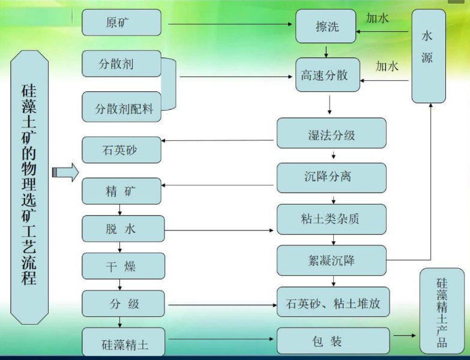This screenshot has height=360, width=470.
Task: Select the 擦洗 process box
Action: [326, 26]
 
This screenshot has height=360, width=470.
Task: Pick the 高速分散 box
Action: [328, 75]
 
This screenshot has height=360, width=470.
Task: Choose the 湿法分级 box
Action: [331, 133]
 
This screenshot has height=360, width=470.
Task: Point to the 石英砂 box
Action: [121, 150]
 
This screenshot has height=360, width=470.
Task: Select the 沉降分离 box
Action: [331, 176]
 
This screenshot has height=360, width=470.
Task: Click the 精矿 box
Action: [121, 191]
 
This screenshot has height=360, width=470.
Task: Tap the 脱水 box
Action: [123, 229]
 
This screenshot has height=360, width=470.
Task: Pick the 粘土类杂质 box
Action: [331, 219]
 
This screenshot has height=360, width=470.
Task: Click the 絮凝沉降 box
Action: [331, 260]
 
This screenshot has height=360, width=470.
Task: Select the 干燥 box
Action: [123, 266]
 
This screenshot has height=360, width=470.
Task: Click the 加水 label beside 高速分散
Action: [387, 66]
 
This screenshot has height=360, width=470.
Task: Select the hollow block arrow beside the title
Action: [65, 172]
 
